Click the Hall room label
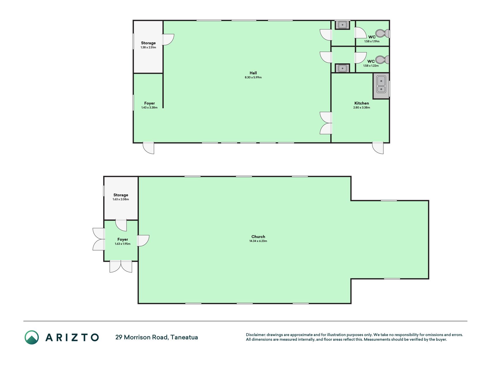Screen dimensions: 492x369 tap(253, 73)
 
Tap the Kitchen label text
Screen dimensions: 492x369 tap(361, 103)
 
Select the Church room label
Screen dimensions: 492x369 tap(258, 237)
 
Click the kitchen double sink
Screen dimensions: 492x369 tap(381, 85)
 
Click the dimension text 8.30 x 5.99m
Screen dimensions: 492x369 tap(253, 77)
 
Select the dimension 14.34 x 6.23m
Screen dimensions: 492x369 tap(258, 241)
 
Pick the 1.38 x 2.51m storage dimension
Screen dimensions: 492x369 tap(148, 47)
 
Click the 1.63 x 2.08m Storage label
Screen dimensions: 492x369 tap(121, 195)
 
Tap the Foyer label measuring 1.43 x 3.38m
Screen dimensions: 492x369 tap(149, 103)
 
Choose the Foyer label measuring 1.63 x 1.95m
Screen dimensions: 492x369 tap(122, 239)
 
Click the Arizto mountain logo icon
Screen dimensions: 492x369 tap(32, 337)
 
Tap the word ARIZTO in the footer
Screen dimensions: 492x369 tap(72, 337)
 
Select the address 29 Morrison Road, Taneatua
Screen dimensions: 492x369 tap(157, 337)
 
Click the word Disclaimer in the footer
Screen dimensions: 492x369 tap(255, 335)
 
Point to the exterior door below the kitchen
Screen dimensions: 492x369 tap(378, 148)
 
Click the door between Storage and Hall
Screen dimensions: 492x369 tap(168, 39)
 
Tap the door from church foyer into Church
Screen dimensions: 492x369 tap(143, 241)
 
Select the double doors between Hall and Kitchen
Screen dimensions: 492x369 tap(326, 123)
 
